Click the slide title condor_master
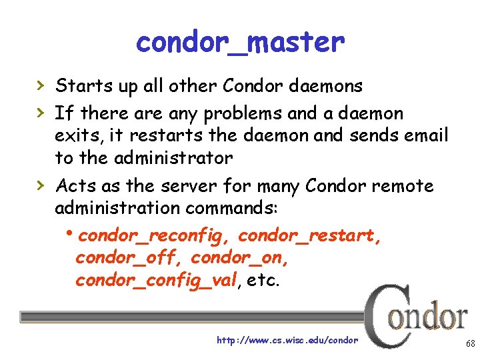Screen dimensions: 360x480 (x=240, y=43)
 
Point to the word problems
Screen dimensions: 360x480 (x=199, y=114)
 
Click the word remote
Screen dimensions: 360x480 (x=404, y=186)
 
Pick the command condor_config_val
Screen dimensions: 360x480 (x=156, y=281)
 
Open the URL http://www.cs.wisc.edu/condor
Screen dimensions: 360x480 (x=287, y=340)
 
